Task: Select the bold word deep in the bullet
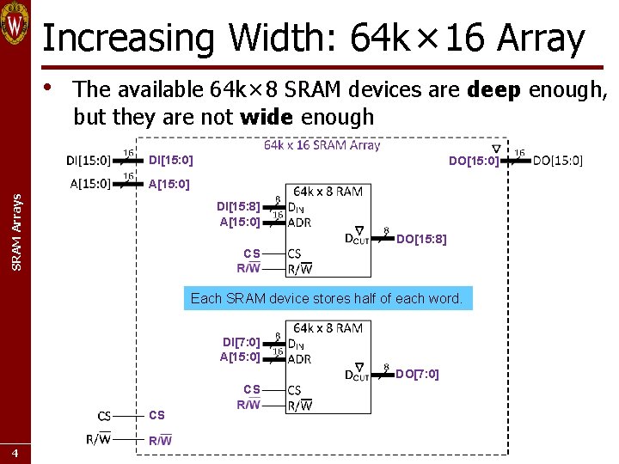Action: tap(493, 89)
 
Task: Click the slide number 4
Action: tap(15, 453)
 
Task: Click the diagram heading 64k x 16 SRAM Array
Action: tap(322, 145)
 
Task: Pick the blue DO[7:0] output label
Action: tap(417, 374)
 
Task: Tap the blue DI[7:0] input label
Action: tap(241, 342)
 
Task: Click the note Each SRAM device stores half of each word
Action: tap(326, 299)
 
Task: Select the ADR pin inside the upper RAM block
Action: tap(300, 223)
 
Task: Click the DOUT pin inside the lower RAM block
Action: tap(358, 374)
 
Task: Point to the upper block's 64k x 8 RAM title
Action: tap(328, 192)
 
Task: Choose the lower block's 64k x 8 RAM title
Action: tap(328, 328)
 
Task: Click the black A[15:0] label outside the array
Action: tap(89, 183)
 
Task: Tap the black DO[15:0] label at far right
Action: tap(557, 160)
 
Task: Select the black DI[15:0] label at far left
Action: tap(89, 160)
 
